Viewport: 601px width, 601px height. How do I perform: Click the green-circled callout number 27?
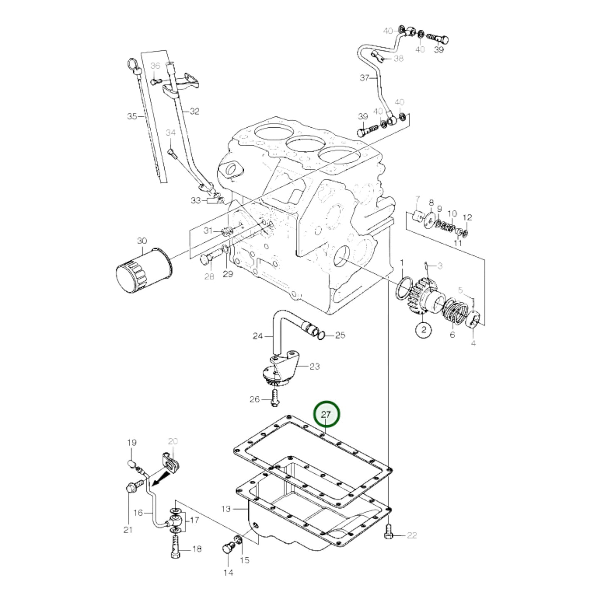pyautogui.click(x=327, y=415)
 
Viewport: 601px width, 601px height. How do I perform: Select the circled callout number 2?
pyautogui.click(x=424, y=330)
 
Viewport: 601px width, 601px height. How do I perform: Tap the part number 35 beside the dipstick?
pyautogui.click(x=132, y=116)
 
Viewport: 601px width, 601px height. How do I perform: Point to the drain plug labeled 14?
pyautogui.click(x=228, y=549)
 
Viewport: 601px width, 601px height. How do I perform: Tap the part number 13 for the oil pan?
pyautogui.click(x=225, y=508)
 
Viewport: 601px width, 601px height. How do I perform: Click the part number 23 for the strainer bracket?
pyautogui.click(x=314, y=366)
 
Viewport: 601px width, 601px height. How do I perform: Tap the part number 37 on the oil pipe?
pyautogui.click(x=364, y=78)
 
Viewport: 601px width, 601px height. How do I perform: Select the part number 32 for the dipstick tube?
pyautogui.click(x=194, y=111)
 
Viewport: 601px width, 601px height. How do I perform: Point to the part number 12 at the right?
pyautogui.click(x=467, y=217)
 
